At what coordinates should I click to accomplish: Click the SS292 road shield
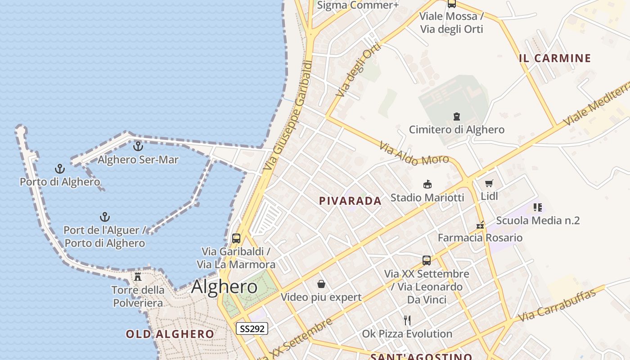[x=252, y=329]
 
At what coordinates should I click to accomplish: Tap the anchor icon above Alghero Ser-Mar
[x=138, y=146]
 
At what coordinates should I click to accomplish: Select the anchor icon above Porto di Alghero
[x=60, y=169]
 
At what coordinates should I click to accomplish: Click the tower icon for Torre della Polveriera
[x=138, y=276]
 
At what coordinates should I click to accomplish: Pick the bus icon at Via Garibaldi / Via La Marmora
[x=236, y=238]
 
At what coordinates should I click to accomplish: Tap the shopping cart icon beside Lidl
[x=489, y=183]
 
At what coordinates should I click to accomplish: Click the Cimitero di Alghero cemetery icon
[x=457, y=117]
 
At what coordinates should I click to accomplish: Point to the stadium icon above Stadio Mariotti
[x=427, y=184]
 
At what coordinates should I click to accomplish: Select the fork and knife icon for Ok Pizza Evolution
[x=407, y=320]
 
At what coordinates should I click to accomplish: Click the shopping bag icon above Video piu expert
[x=321, y=284]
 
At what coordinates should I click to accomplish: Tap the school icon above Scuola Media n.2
[x=537, y=207]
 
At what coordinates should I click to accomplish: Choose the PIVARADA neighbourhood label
[x=350, y=201]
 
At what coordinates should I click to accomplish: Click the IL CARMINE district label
[x=555, y=58]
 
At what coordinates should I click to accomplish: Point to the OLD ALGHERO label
[x=170, y=334]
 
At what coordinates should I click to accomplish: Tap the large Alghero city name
[x=224, y=287]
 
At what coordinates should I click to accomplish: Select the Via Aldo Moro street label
[x=414, y=154]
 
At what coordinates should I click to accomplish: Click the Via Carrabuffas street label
[x=557, y=305]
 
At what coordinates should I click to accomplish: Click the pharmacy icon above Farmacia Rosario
[x=480, y=225]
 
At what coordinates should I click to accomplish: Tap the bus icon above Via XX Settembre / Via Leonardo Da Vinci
[x=427, y=260]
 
